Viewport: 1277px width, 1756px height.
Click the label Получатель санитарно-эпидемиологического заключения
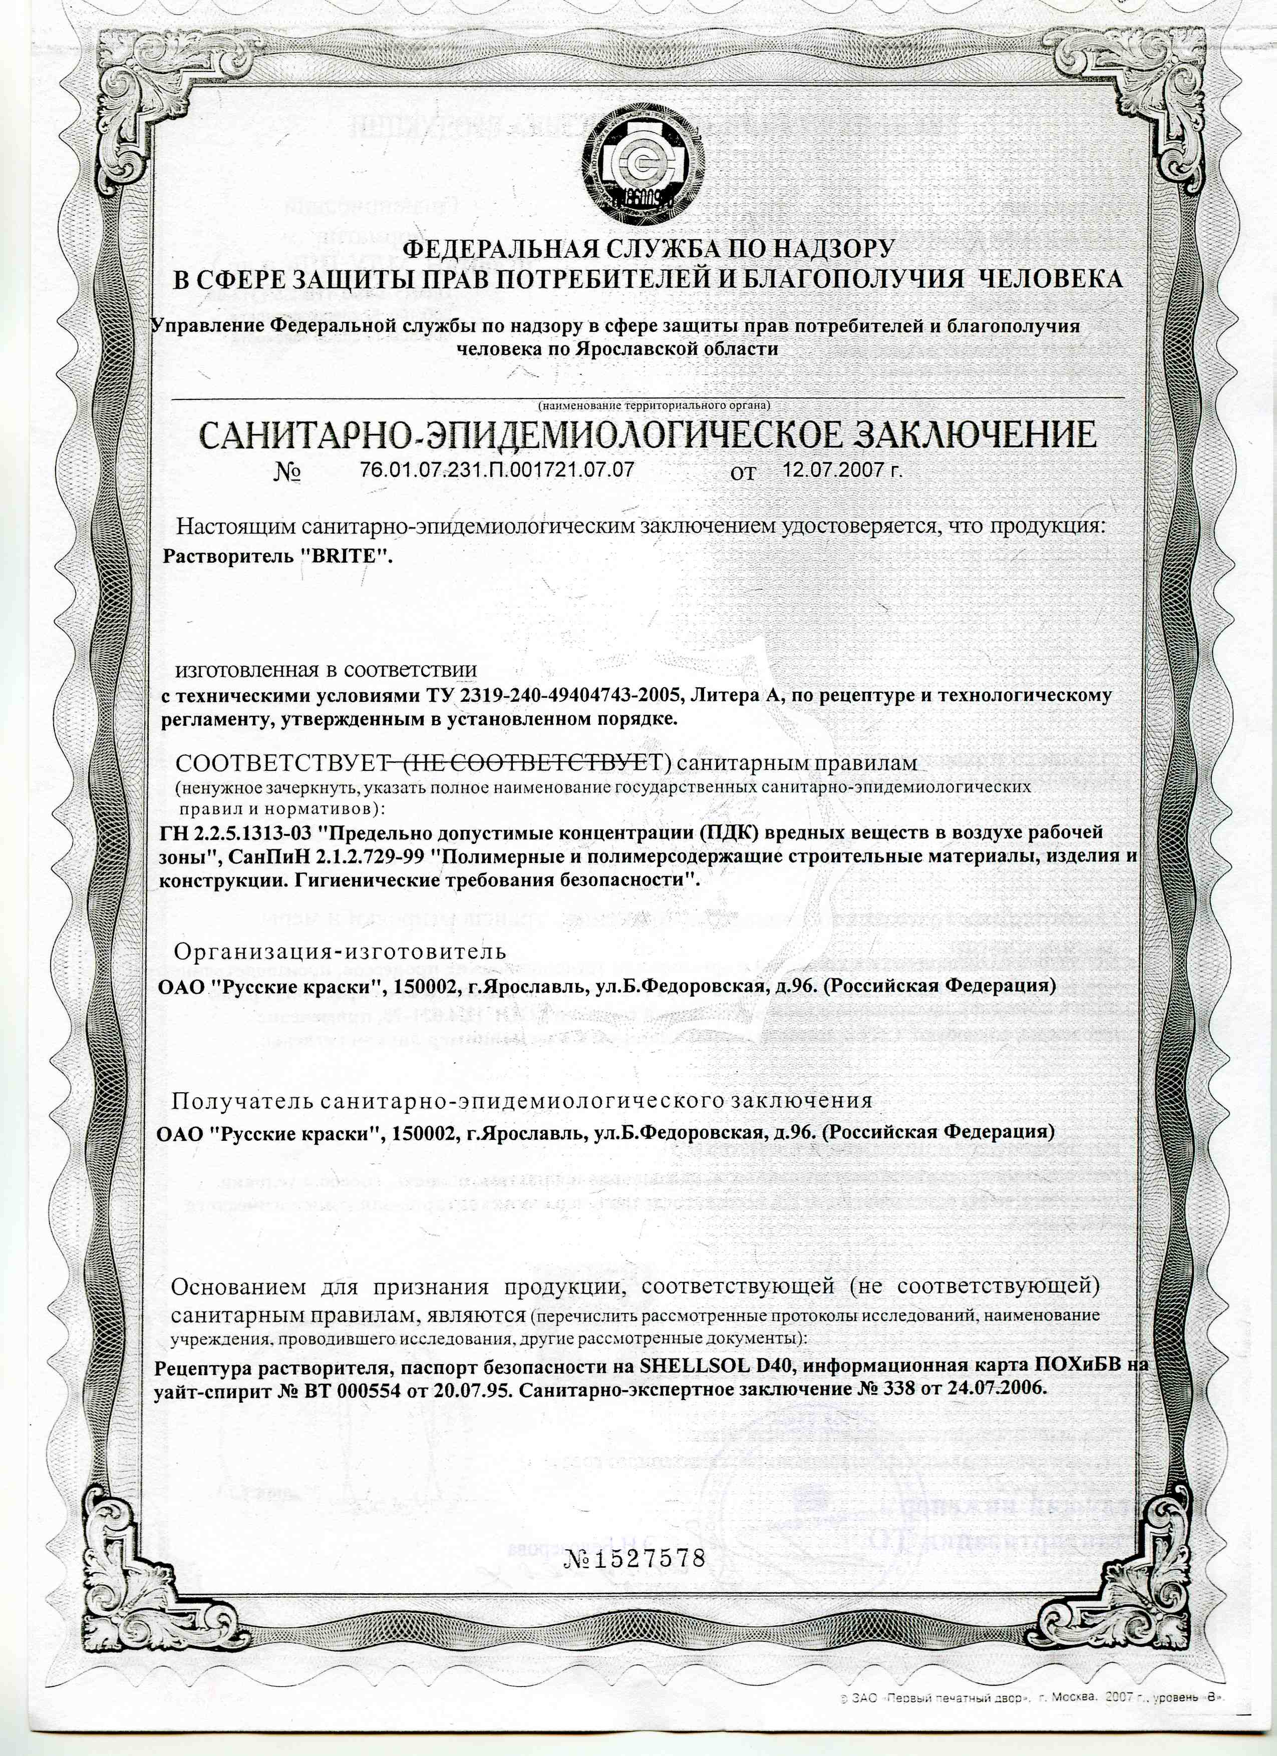pos(522,1100)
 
